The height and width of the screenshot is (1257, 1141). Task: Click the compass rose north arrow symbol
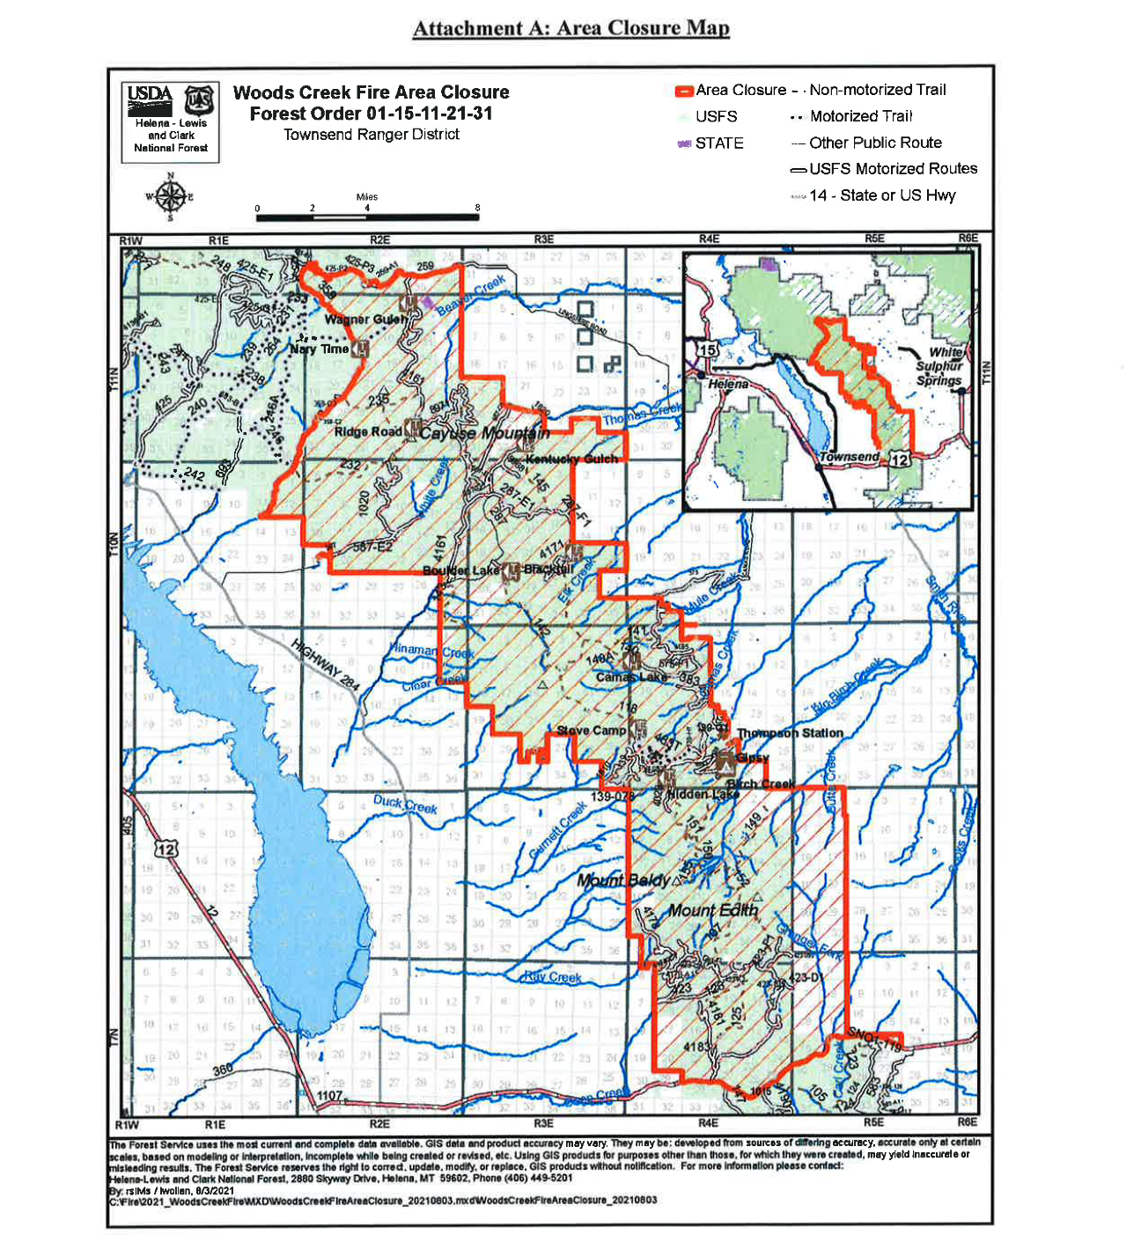(x=171, y=196)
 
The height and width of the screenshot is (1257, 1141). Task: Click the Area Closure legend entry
(x=731, y=91)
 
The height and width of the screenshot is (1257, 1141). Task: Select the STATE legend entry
(x=711, y=143)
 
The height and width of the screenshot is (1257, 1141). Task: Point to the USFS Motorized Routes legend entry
(x=883, y=169)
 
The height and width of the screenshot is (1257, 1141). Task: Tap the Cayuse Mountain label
(x=484, y=433)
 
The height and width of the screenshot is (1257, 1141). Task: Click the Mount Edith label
(x=712, y=910)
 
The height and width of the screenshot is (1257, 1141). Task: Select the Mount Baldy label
(x=624, y=880)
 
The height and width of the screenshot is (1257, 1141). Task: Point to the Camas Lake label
(x=631, y=677)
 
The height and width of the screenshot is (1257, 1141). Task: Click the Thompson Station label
(x=790, y=733)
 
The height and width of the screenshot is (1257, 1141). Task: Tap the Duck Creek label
(x=405, y=804)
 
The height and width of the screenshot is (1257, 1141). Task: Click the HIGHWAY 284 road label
(x=325, y=665)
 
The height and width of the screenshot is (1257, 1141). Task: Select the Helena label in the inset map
(x=728, y=385)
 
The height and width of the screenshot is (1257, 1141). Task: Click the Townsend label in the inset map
(x=849, y=457)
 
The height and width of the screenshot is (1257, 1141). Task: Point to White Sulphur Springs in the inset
(x=939, y=366)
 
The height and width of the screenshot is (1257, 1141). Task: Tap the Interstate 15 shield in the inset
(x=708, y=349)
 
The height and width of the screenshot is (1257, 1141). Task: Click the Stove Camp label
(x=591, y=731)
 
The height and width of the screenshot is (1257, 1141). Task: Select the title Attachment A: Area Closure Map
(x=570, y=28)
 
